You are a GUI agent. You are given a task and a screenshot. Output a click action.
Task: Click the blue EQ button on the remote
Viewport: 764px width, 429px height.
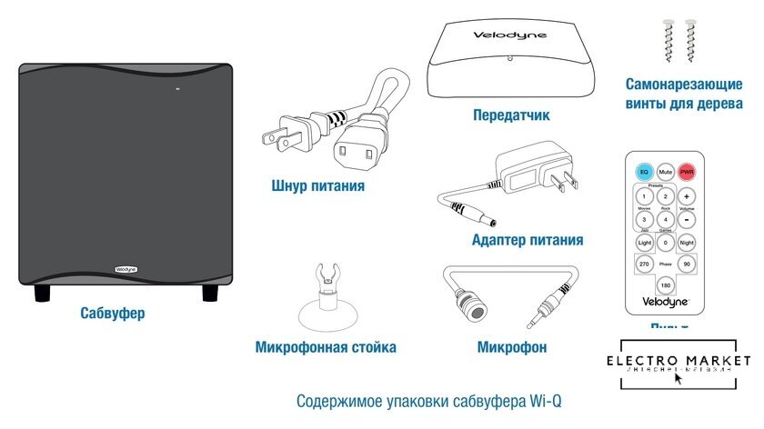tap(644, 171)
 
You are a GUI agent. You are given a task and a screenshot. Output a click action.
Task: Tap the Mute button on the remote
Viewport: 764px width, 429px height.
tap(666, 171)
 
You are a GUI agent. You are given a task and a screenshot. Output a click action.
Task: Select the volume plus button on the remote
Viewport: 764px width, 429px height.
tap(687, 196)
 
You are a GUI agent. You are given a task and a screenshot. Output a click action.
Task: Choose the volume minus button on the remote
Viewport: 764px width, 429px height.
tap(687, 220)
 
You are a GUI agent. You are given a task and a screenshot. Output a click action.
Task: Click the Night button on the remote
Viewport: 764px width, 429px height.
tap(687, 243)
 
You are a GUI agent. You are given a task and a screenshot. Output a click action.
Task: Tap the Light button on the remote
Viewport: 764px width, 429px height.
tap(644, 243)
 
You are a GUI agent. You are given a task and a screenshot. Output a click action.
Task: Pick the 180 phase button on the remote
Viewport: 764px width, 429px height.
tap(665, 284)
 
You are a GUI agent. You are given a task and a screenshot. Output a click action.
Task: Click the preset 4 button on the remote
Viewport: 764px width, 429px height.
tap(665, 220)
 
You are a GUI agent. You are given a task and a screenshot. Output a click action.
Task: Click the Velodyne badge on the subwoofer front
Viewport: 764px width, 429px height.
tap(125, 268)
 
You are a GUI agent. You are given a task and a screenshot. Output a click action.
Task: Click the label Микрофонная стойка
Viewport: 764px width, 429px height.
tap(326, 347)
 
